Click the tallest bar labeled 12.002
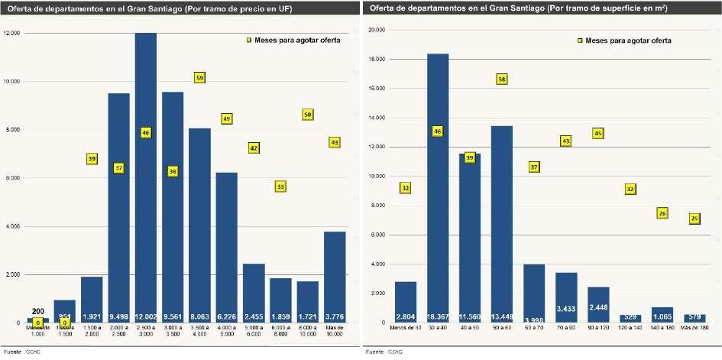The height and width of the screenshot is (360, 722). point(146,176)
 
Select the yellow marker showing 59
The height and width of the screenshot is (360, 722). point(199,78)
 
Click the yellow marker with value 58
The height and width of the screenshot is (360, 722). point(502,79)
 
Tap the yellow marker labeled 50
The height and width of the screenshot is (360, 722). point(308,115)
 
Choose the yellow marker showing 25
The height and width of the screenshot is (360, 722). point(694,219)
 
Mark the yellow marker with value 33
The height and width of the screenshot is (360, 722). point(280,186)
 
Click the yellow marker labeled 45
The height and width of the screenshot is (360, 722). point(598,134)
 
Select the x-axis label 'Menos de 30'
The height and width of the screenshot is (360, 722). point(405,328)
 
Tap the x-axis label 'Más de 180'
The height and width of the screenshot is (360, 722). point(694,328)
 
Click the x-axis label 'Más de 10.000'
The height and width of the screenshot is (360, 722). point(335,330)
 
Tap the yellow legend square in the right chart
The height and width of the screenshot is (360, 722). point(579,40)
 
